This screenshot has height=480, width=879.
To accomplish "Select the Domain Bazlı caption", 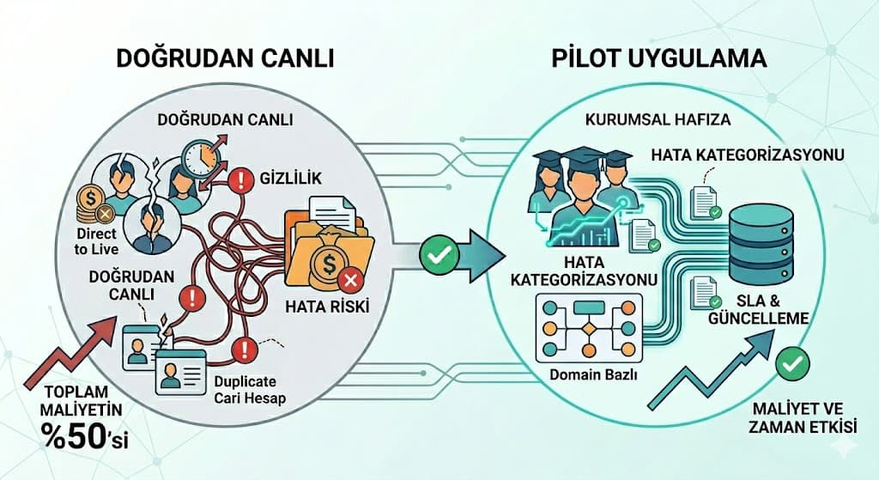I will pyautogui.click(x=585, y=375).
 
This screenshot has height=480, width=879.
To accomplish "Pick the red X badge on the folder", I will pyautogui.click(x=349, y=281).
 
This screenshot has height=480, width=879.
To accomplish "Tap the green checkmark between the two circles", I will pyautogui.click(x=437, y=254).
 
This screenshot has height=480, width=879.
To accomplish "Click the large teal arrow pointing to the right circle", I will pyautogui.click(x=481, y=254).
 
